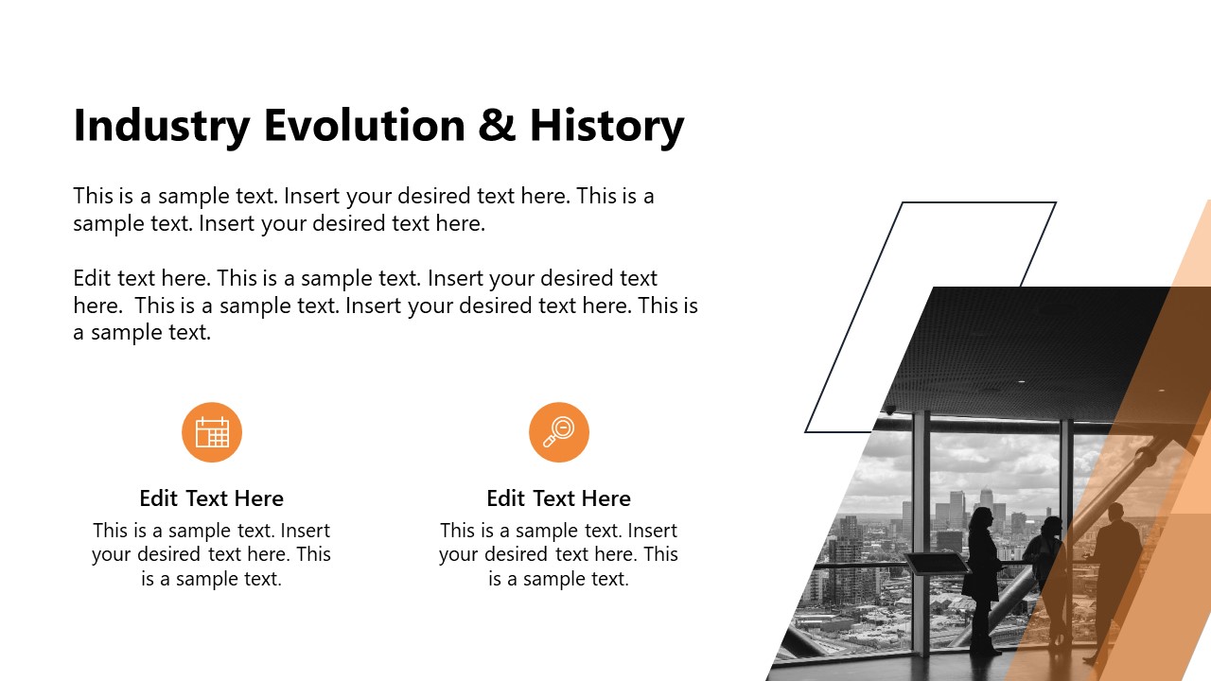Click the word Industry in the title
click(162, 127)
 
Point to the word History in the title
click(606, 127)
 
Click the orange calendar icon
click(212, 432)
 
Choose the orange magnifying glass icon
click(559, 432)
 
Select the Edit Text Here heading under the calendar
click(211, 498)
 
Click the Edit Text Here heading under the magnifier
click(558, 498)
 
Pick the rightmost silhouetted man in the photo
click(1114, 577)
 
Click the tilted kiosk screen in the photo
click(935, 564)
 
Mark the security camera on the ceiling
click(889, 410)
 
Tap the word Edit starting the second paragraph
click(92, 279)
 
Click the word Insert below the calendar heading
click(305, 531)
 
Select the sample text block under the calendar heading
click(211, 554)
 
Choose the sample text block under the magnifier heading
click(558, 554)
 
